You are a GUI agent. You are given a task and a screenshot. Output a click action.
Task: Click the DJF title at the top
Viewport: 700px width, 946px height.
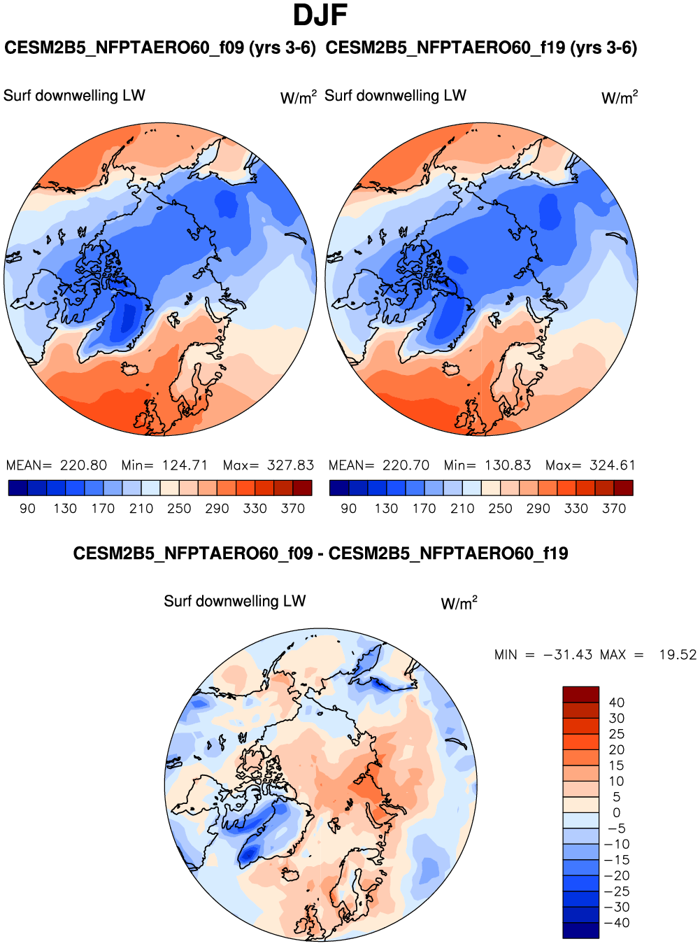pyautogui.click(x=320, y=15)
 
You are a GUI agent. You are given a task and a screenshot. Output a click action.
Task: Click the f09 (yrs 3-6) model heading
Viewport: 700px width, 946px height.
pyautogui.click(x=160, y=48)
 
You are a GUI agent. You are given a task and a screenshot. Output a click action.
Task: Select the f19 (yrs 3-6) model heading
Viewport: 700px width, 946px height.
pyautogui.click(x=481, y=48)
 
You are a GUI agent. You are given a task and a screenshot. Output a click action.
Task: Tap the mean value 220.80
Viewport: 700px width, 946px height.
pyautogui.click(x=83, y=465)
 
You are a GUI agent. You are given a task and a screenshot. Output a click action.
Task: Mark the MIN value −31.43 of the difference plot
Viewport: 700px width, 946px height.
pyautogui.click(x=567, y=655)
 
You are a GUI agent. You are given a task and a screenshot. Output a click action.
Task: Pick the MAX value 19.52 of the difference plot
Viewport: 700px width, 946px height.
pyautogui.click(x=678, y=655)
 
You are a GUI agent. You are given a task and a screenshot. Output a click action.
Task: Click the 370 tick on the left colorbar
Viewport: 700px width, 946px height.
pyautogui.click(x=292, y=509)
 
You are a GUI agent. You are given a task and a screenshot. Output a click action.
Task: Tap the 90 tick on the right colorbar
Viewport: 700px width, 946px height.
pyautogui.click(x=348, y=509)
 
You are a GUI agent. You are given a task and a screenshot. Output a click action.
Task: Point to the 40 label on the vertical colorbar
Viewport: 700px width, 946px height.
pyautogui.click(x=617, y=703)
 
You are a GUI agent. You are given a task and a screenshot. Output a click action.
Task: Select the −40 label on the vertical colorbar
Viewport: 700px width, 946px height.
pyautogui.click(x=617, y=923)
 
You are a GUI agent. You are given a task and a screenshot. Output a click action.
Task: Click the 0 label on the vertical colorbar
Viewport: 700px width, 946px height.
pyautogui.click(x=617, y=813)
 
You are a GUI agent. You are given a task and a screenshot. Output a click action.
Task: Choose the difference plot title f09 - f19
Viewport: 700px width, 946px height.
pyautogui.click(x=320, y=554)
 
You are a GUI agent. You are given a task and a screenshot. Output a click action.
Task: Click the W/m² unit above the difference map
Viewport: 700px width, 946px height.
pyautogui.click(x=459, y=603)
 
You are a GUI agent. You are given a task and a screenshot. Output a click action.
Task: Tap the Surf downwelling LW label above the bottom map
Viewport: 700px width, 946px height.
pyautogui.click(x=235, y=602)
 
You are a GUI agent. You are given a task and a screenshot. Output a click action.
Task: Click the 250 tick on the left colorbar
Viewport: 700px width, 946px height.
pyautogui.click(x=179, y=509)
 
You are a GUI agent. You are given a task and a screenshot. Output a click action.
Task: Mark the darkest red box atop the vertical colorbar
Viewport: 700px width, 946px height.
pyautogui.click(x=580, y=694)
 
